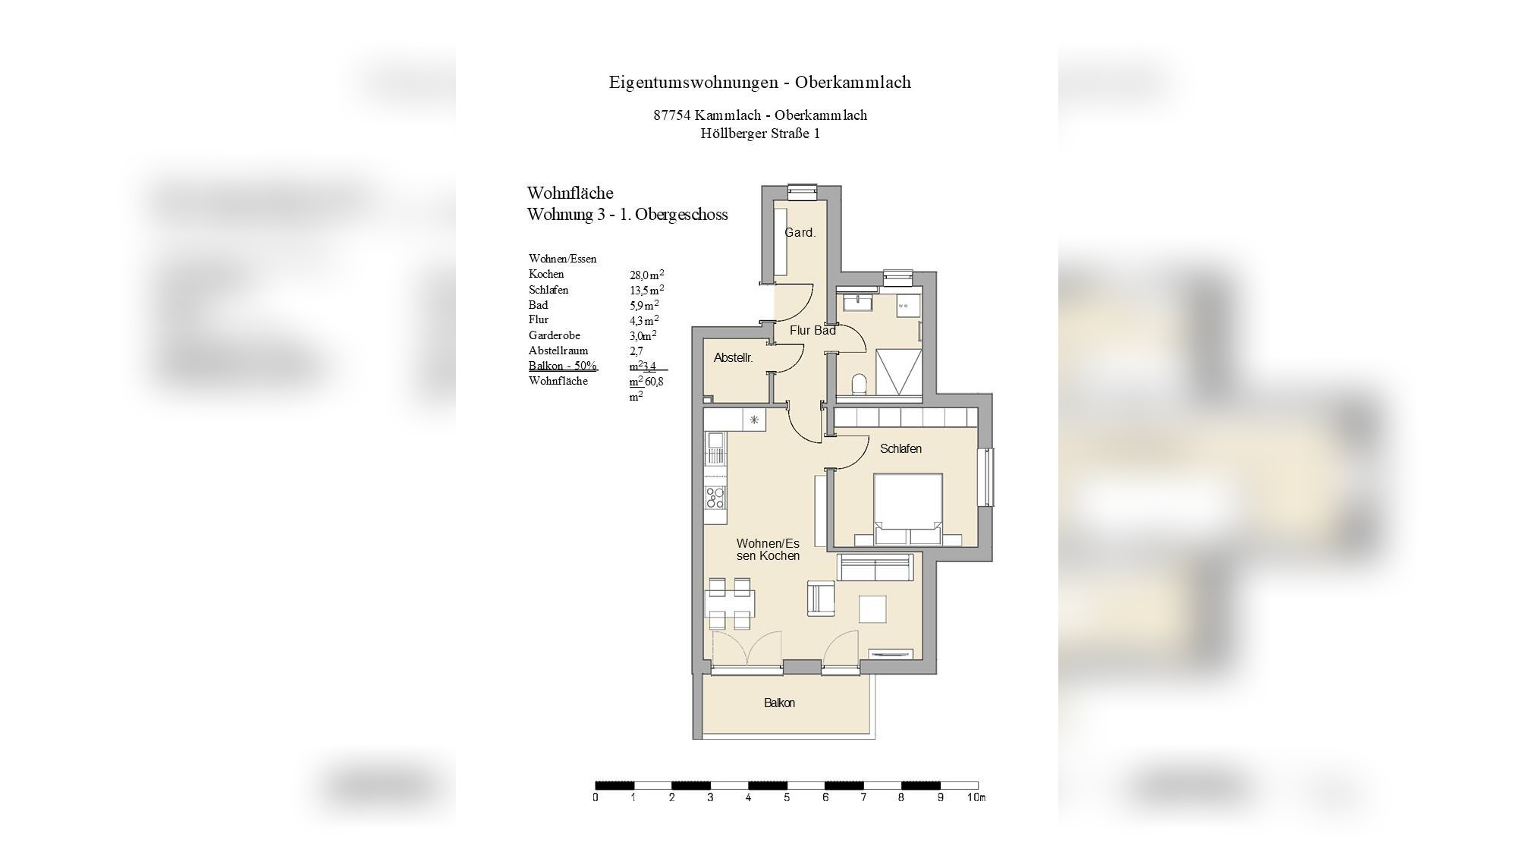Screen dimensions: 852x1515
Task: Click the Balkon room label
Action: point(779,703)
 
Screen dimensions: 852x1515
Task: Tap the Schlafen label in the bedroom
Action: point(901,449)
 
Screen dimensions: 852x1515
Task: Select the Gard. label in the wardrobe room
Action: point(800,233)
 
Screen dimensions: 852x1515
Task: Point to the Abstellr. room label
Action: point(733,358)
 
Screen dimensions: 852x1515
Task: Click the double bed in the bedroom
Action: point(908,507)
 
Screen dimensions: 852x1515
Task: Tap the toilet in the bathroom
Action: point(860,384)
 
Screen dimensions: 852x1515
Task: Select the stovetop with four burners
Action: point(184,498)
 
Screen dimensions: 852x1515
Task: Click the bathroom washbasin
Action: point(859,303)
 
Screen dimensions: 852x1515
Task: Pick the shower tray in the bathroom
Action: point(899,371)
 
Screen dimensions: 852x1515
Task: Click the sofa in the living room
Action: point(875,567)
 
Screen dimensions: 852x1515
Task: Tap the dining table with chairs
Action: point(199,605)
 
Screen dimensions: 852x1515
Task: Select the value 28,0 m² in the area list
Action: point(646,275)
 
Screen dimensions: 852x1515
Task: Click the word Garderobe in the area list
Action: point(554,335)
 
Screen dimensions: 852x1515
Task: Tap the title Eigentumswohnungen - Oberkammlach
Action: point(759,82)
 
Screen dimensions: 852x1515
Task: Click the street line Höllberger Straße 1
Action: point(759,134)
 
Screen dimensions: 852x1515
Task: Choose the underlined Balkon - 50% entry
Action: point(562,366)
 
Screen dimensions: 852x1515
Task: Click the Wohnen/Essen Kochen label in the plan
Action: point(768,550)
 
